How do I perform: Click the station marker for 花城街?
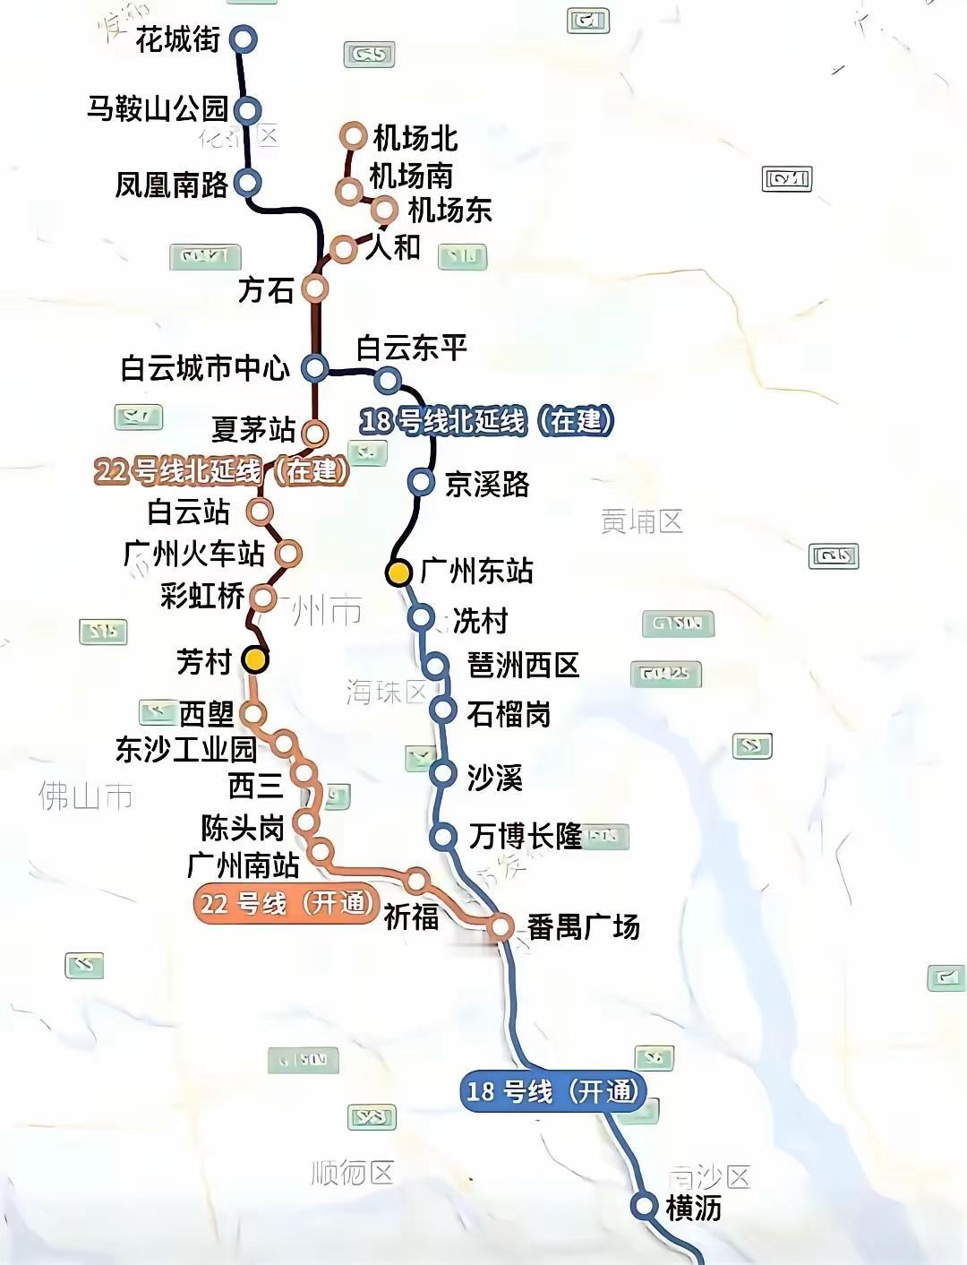pyautogui.click(x=243, y=39)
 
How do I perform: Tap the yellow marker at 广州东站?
pyautogui.click(x=398, y=572)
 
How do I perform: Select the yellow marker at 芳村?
pyautogui.click(x=256, y=660)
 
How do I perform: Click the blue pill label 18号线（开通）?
pyautogui.click(x=552, y=1090)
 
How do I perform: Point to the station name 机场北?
pyautogui.click(x=415, y=138)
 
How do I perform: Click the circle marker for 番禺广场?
pyautogui.click(x=501, y=927)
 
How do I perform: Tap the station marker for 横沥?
pyautogui.click(x=643, y=1205)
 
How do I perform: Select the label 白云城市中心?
pyautogui.click(x=205, y=368)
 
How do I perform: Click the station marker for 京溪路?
pyautogui.click(x=420, y=482)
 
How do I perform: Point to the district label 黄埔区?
pyautogui.click(x=642, y=521)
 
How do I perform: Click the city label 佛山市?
pyautogui.click(x=85, y=796)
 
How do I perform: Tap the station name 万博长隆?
pyautogui.click(x=525, y=836)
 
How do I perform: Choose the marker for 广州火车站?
pyautogui.click(x=287, y=554)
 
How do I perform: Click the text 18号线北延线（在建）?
pyautogui.click(x=486, y=420)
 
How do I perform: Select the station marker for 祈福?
pyautogui.click(x=416, y=880)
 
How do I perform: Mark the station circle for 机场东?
pyautogui.click(x=384, y=210)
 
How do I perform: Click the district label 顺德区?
pyautogui.click(x=352, y=1173)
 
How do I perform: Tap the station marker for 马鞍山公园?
pyautogui.click(x=247, y=110)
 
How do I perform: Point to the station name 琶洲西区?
pyautogui.click(x=524, y=666)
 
